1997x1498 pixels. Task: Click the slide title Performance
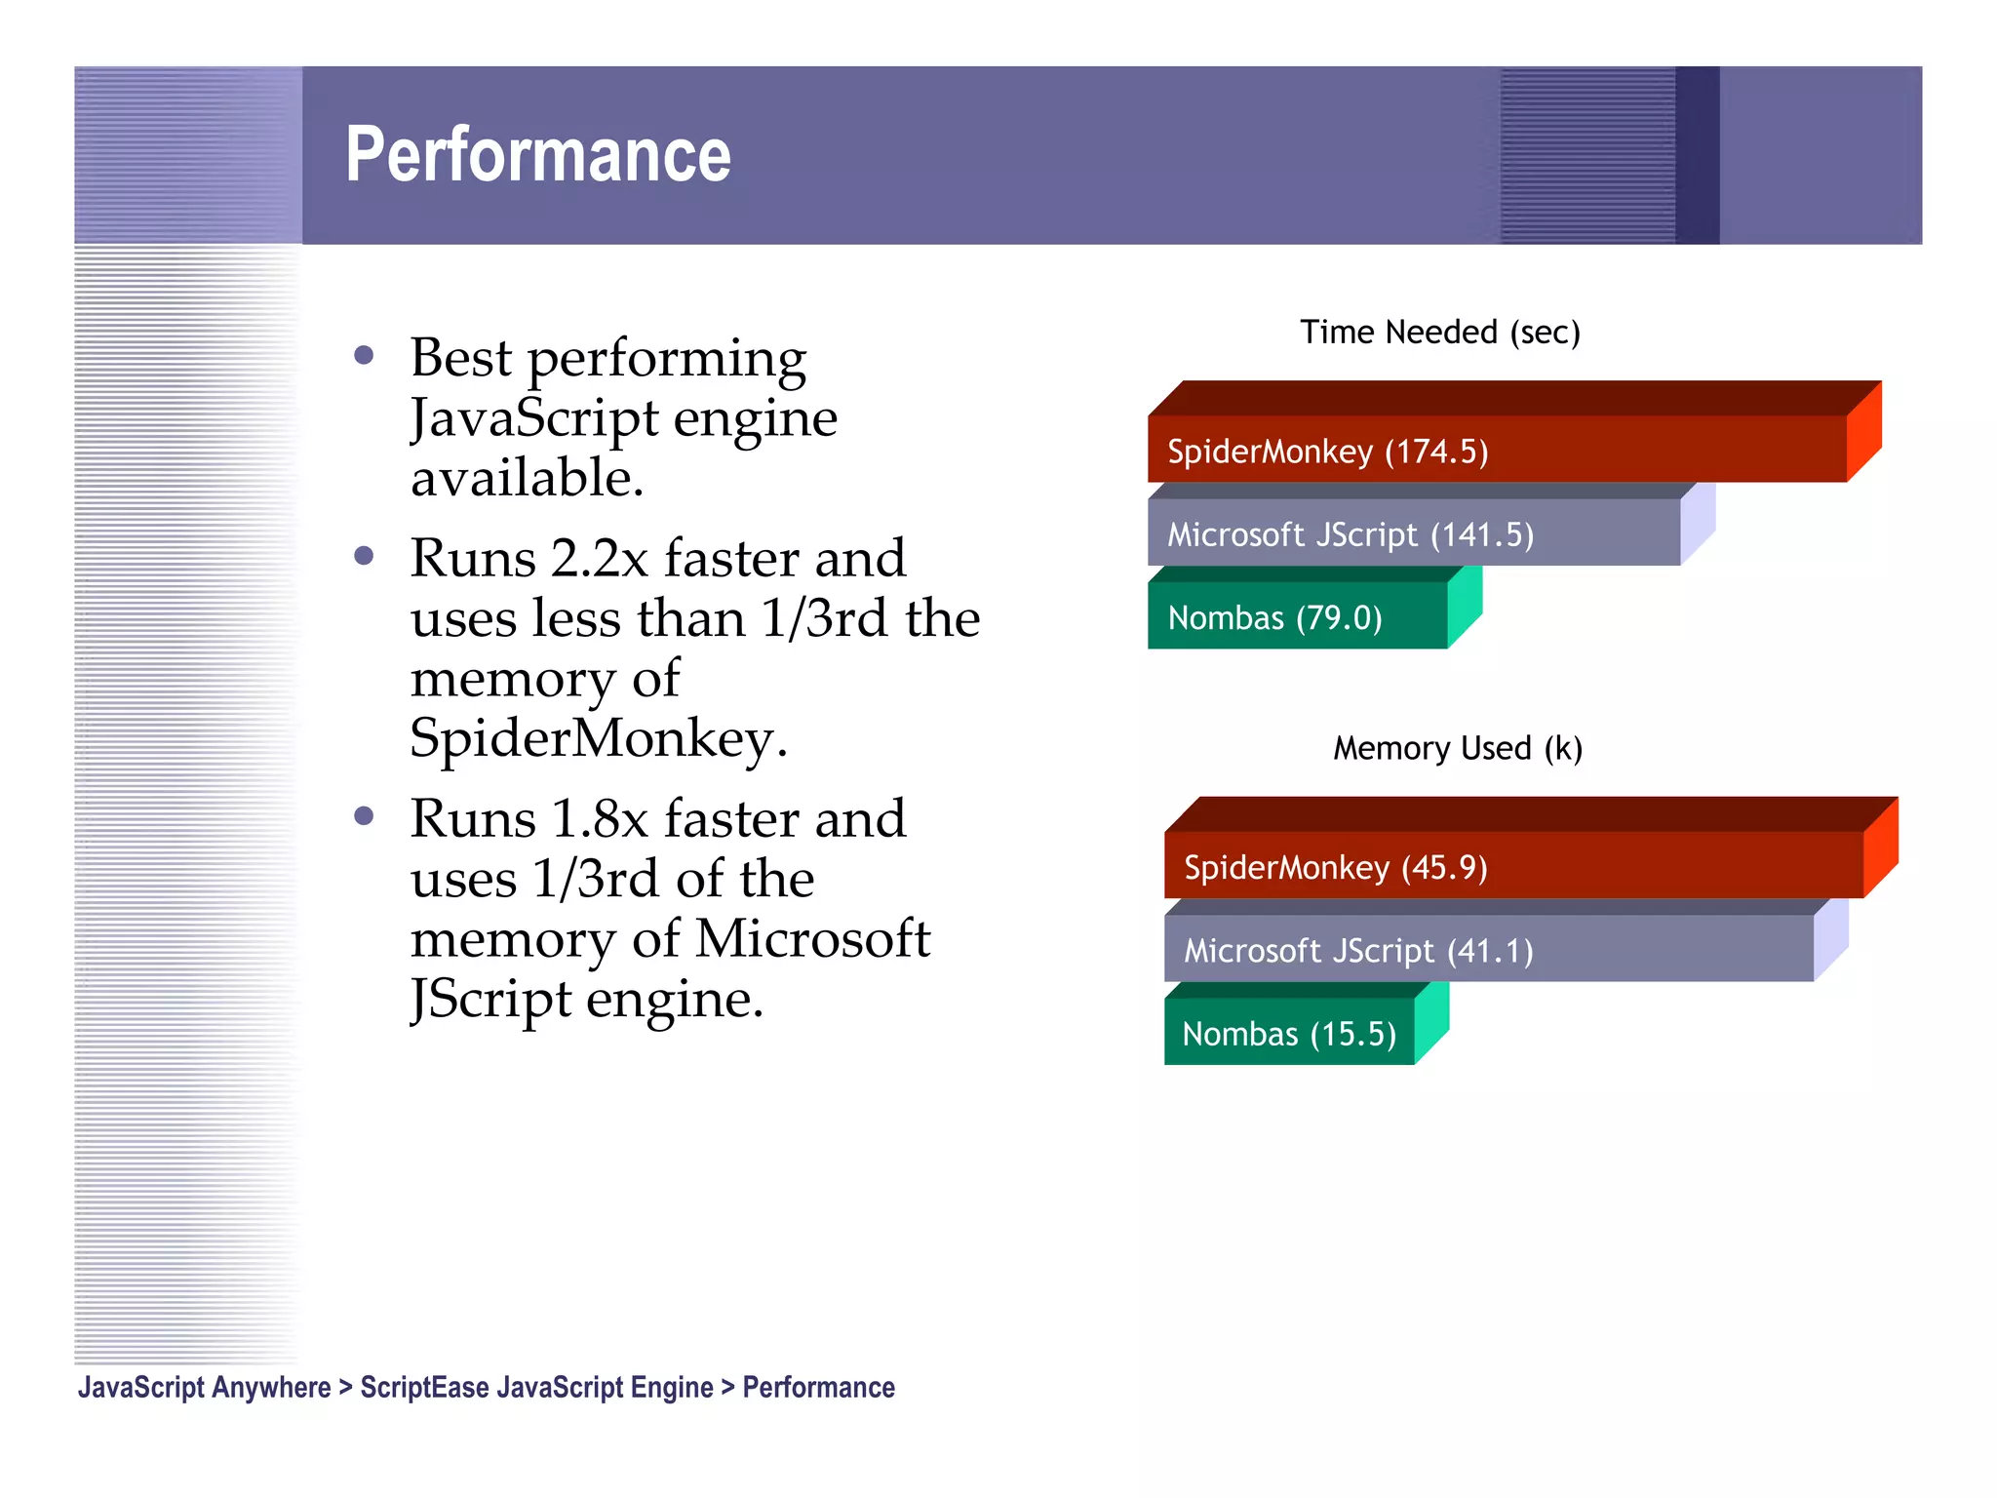[x=538, y=155]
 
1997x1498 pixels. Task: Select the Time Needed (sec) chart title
[x=1439, y=333]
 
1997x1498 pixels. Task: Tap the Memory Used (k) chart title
[x=1457, y=748]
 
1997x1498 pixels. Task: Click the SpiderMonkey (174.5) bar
[x=1497, y=450]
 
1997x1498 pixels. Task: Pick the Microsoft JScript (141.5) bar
[x=1414, y=533]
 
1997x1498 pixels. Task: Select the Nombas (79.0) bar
[x=1297, y=616]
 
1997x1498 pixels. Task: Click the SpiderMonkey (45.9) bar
[x=1513, y=866]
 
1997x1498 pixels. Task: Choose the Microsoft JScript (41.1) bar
[x=1488, y=949]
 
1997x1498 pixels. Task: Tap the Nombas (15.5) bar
[x=1289, y=1033]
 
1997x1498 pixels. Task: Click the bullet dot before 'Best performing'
[x=365, y=355]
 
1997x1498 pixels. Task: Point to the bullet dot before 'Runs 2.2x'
[x=365, y=556]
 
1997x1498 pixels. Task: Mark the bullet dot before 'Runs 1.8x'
[x=365, y=816]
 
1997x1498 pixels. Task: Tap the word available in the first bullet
[x=527, y=478]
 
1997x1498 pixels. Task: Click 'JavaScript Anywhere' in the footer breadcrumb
[x=205, y=1387]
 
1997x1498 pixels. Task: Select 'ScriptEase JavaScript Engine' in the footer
[x=536, y=1387]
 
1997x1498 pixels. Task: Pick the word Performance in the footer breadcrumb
[x=819, y=1387]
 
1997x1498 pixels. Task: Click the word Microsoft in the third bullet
[x=813, y=939]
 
